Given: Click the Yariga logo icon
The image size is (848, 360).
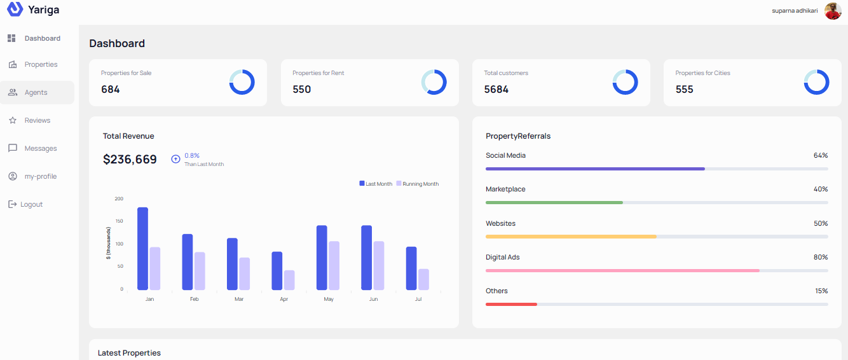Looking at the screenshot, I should (x=15, y=10).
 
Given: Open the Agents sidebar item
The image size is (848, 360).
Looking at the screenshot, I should (x=36, y=93).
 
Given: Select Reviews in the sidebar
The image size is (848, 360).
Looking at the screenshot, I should (x=37, y=121).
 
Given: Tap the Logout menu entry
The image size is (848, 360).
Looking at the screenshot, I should (x=31, y=205).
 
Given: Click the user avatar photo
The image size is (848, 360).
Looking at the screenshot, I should (x=833, y=11).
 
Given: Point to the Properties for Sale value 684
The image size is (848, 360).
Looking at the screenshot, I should (x=111, y=90).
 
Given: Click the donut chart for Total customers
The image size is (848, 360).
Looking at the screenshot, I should (x=625, y=83).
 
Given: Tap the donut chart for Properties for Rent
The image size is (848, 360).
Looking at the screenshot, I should (x=434, y=83).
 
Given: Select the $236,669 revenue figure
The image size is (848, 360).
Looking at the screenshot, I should (x=130, y=160).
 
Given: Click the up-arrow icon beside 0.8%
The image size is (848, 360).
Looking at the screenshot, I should (x=175, y=159).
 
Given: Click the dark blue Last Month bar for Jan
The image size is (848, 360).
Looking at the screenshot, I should (x=142, y=248).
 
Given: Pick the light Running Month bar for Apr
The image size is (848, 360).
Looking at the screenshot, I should (x=289, y=280).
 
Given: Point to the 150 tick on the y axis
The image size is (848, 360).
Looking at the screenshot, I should (x=119, y=221).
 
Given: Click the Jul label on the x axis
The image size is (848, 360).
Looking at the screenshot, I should (x=418, y=299).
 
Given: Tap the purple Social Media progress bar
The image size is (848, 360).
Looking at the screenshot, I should (x=595, y=169).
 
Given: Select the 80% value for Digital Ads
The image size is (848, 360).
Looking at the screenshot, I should (x=821, y=258).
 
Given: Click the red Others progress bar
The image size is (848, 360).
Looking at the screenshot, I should (x=511, y=304).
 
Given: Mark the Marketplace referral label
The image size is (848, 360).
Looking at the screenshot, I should (x=505, y=190).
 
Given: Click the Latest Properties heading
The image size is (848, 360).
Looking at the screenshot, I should (x=129, y=353).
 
